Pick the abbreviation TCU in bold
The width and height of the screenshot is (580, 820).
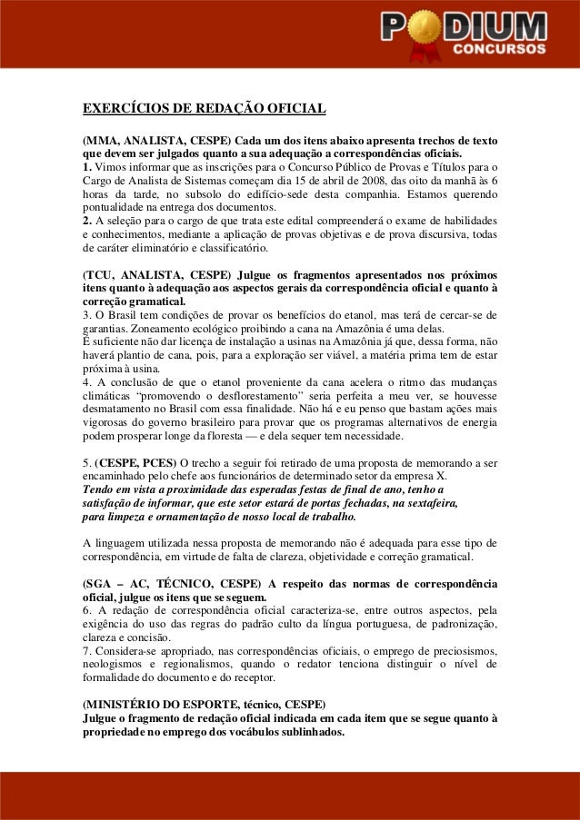point(101,274)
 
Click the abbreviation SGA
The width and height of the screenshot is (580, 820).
point(101,583)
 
